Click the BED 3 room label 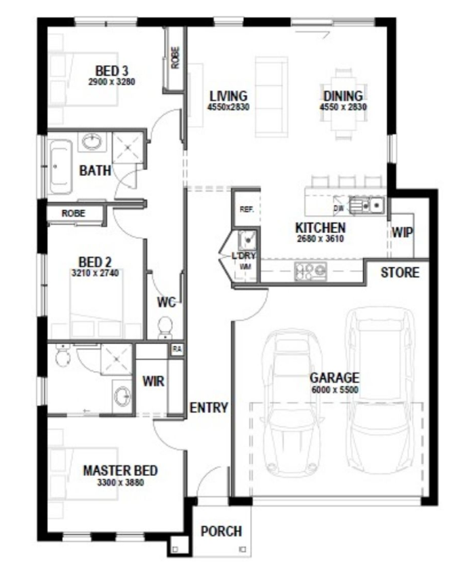pos(112,70)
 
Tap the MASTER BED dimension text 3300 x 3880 pos(121,482)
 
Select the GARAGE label pos(334,378)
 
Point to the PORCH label pos(221,531)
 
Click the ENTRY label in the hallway pos(209,408)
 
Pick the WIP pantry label pos(402,233)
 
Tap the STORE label pos(400,272)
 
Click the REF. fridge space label pos(247,209)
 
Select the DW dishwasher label pos(338,209)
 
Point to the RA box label pos(177,349)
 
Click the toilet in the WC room pos(165,327)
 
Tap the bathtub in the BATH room pos(60,167)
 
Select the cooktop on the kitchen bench pos(310,271)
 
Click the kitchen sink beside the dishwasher pos(367,206)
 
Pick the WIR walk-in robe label pos(153,381)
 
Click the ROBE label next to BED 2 pos(74,213)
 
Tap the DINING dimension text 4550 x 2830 pos(343,107)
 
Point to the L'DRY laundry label pos(244,256)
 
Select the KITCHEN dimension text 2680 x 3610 pos(320,239)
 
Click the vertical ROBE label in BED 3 pos(175,58)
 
